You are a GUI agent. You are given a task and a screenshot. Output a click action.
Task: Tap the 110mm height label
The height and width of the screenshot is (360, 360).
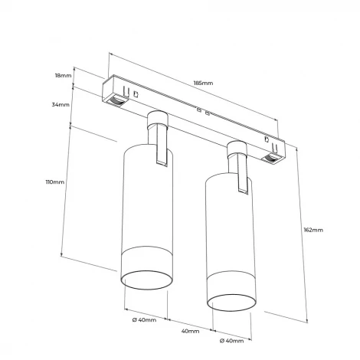[55, 182]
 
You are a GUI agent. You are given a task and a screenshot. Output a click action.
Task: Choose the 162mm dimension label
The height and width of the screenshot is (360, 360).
[313, 229]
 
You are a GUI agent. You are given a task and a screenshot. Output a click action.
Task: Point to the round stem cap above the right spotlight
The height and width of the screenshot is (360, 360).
[238, 146]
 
